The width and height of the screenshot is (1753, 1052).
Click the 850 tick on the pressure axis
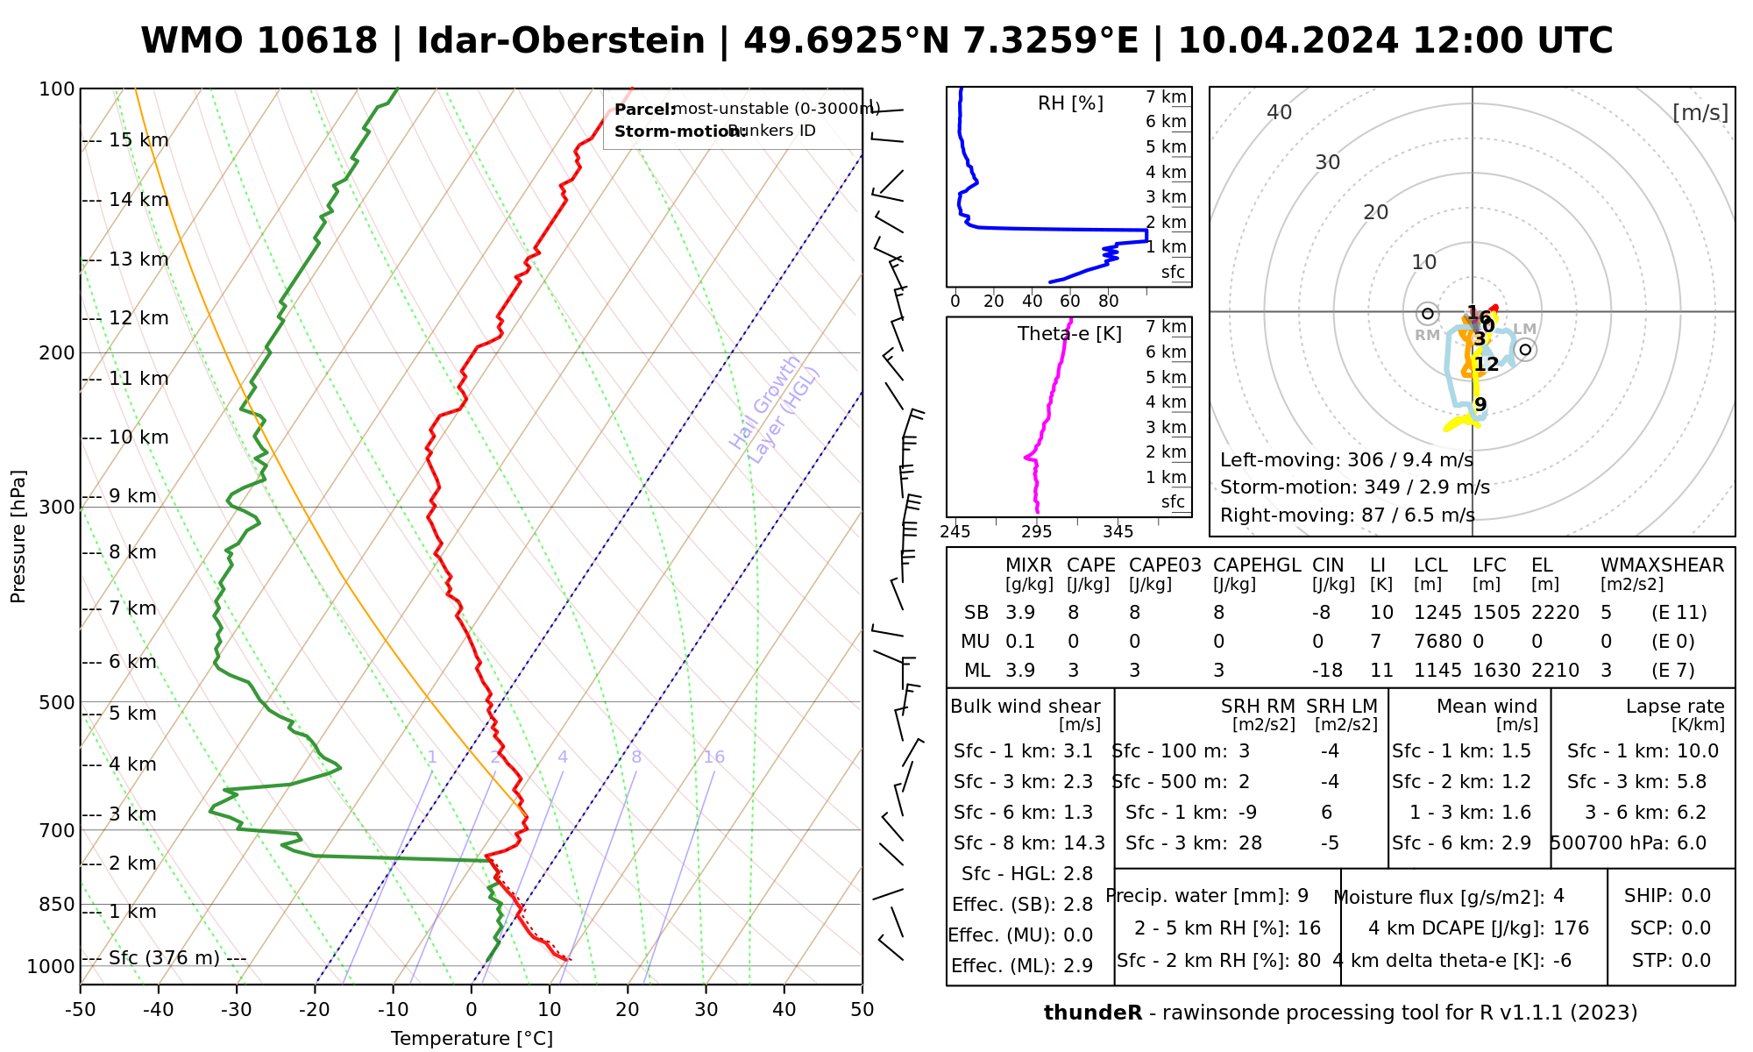click(x=57, y=904)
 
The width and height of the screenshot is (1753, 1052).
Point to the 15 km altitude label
click(x=138, y=140)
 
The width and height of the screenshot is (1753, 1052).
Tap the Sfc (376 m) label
click(x=164, y=957)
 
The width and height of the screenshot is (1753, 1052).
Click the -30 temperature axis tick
click(x=237, y=1010)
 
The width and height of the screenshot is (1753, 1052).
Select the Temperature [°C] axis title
click(x=472, y=1039)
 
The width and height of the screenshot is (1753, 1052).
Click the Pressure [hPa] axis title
click(x=18, y=537)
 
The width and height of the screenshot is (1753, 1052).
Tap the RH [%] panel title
click(x=1070, y=103)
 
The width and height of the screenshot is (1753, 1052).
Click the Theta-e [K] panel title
click(x=1069, y=334)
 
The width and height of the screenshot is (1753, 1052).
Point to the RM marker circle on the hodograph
click(x=1428, y=313)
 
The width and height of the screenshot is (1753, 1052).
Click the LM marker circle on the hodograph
click(x=1525, y=350)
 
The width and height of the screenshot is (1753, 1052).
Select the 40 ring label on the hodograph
click(x=1280, y=112)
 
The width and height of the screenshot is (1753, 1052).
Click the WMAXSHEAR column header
click(x=1662, y=565)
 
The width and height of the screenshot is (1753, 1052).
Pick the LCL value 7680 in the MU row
click(x=1437, y=642)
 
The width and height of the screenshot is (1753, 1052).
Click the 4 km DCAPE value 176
click(x=1571, y=928)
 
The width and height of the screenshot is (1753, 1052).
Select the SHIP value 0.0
click(x=1696, y=896)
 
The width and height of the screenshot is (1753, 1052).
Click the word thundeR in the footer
click(x=1093, y=1013)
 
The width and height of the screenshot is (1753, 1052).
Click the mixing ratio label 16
click(x=713, y=757)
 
